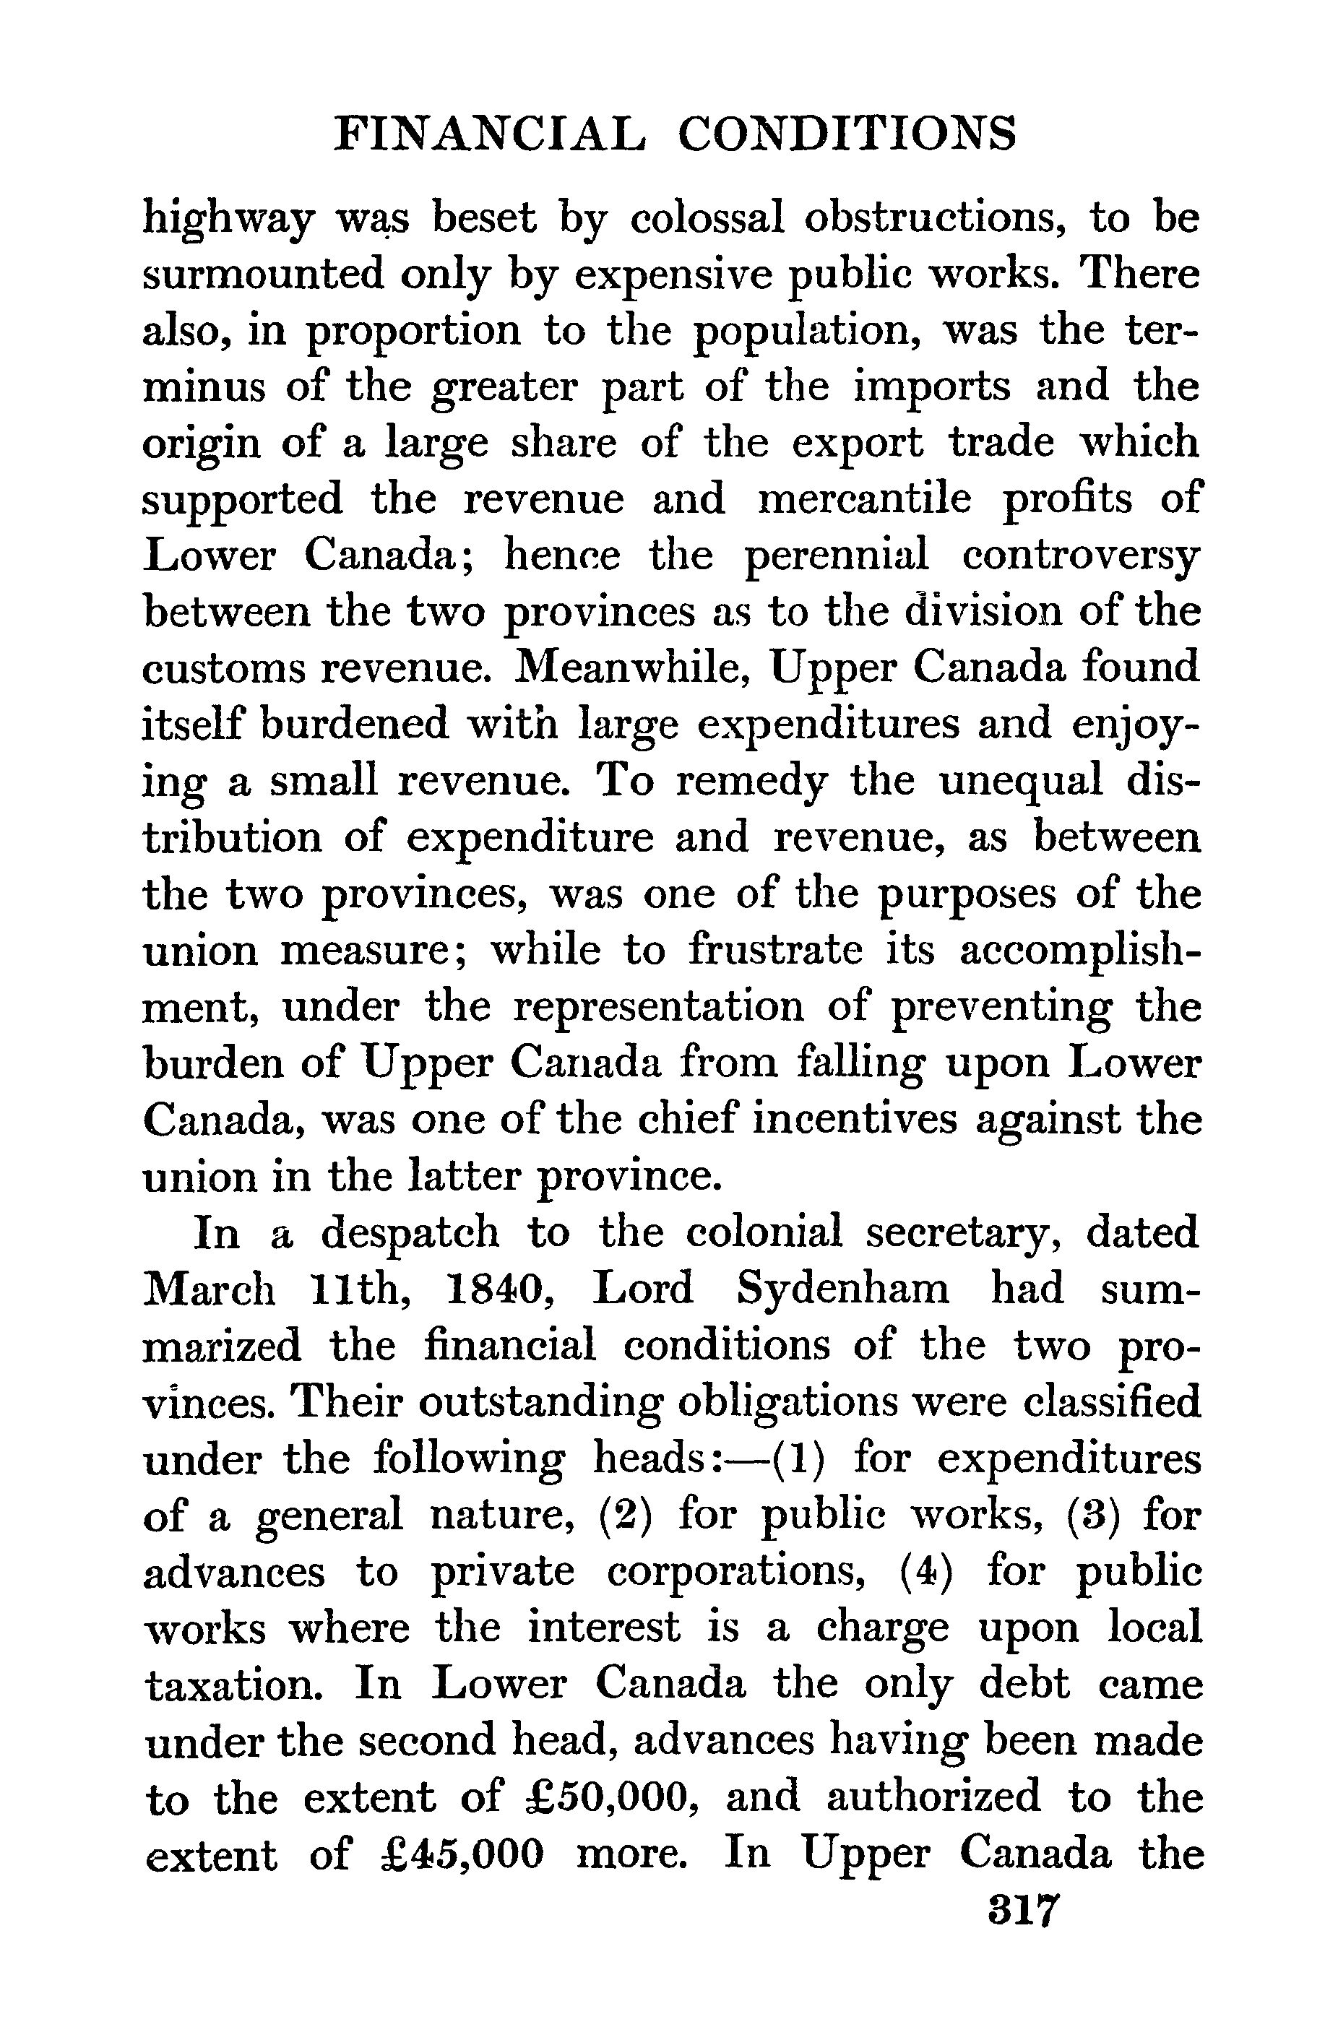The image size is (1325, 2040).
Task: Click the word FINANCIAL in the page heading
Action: click(487, 134)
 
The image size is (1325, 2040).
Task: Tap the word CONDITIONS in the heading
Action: click(847, 134)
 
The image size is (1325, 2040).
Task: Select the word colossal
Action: click(707, 217)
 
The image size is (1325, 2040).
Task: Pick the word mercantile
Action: click(865, 499)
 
